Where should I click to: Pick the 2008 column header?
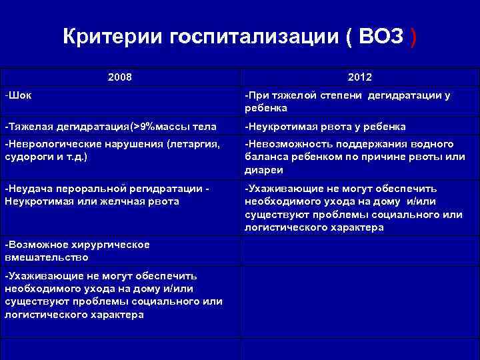click(119, 77)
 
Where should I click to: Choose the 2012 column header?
click(359, 77)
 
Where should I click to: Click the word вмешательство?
click(46, 257)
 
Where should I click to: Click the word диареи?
click(264, 169)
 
